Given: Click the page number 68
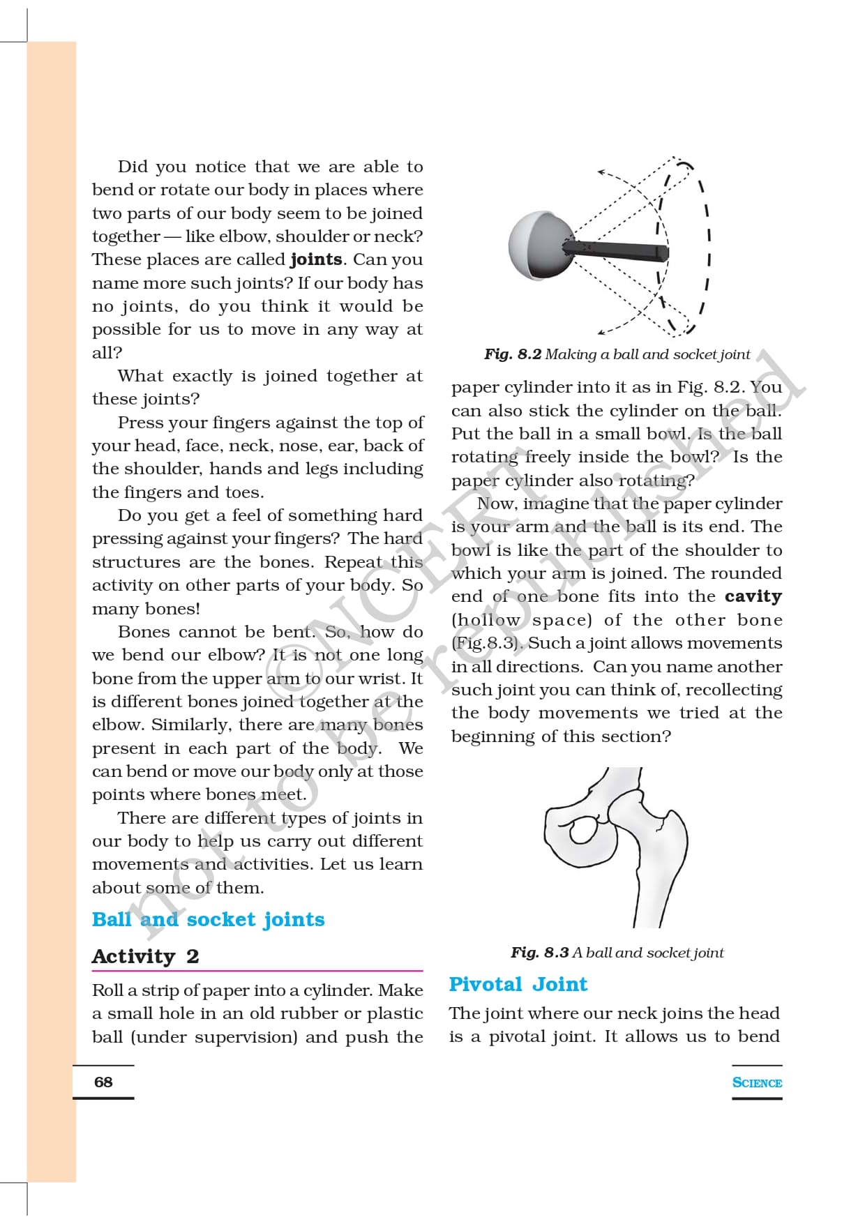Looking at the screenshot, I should point(103,1082).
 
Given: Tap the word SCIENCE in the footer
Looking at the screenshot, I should point(757,1082).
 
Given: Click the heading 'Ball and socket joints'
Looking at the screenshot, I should point(208,919).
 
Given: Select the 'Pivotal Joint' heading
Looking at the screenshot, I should point(518,984).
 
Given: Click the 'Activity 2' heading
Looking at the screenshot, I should point(145,956).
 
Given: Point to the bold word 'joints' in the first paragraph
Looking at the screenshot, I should point(316,259).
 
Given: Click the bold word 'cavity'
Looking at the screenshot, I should point(753,596).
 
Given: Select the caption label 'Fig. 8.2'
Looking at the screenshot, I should point(513,354).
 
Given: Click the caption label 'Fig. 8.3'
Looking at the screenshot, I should point(539,953).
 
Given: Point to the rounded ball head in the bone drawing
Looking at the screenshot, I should point(582,830).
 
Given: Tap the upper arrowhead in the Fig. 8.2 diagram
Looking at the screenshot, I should point(601,171).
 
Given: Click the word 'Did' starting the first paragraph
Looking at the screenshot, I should point(133,167).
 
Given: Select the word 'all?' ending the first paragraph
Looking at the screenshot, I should point(107,353).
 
